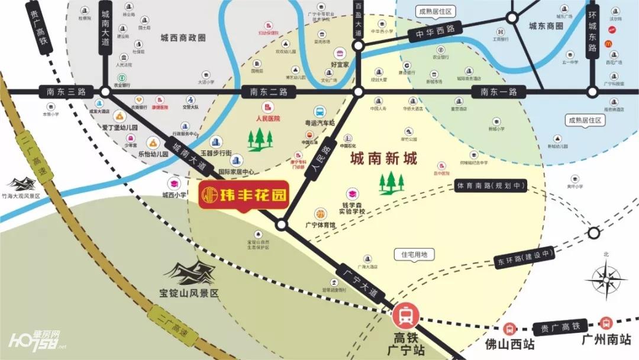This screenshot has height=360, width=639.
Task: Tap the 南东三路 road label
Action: tap(63, 92)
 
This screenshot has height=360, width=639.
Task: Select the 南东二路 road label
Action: tap(268, 92)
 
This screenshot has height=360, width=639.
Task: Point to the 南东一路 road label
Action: tap(499, 92)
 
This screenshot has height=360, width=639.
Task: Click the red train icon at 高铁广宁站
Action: tap(406, 316)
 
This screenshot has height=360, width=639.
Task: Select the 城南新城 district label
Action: tap(384, 159)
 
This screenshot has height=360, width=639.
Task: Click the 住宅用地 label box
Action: tap(414, 255)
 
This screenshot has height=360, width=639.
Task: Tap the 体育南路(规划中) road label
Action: tap(491, 185)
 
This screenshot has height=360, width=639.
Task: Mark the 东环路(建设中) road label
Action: tap(524, 257)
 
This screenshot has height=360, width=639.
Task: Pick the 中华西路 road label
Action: tap(438, 31)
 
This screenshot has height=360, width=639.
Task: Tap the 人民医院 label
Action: tap(267, 118)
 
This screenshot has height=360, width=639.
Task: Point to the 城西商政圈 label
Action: tap(183, 37)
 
